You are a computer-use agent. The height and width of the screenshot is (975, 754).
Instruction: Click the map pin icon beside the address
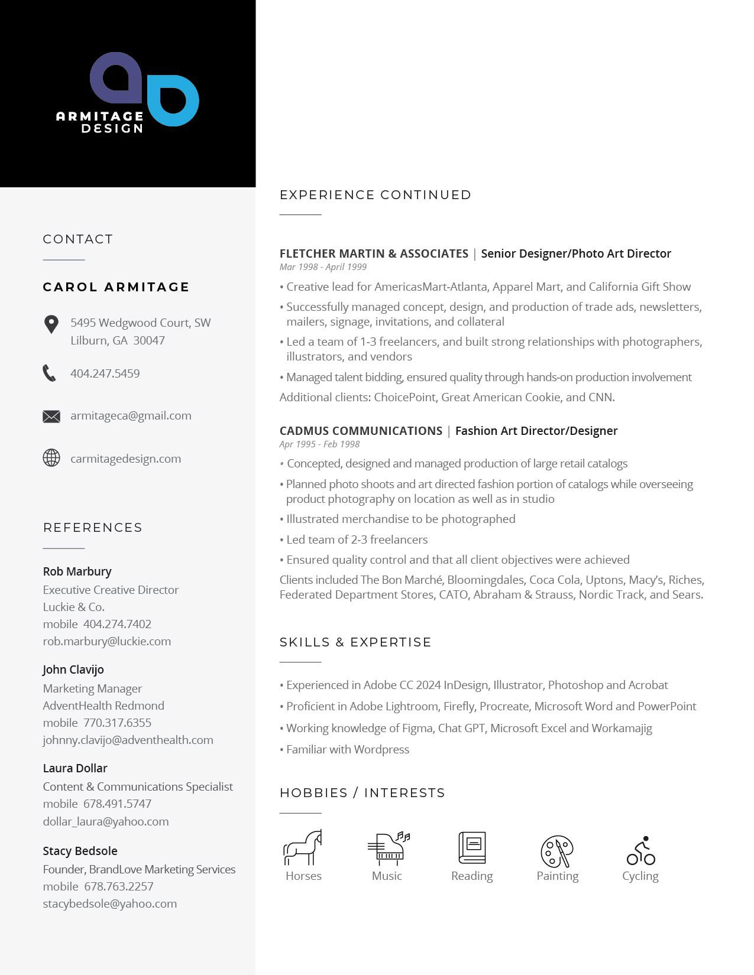51,324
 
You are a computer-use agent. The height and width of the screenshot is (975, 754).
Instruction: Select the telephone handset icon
50,373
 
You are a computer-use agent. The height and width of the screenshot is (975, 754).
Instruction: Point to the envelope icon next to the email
51,417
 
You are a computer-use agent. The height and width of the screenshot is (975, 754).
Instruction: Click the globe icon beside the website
51,458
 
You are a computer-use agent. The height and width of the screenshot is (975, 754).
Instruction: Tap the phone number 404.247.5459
105,373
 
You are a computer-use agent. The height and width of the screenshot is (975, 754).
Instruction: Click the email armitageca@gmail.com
131,415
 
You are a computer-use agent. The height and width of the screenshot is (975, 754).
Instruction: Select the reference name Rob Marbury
77,571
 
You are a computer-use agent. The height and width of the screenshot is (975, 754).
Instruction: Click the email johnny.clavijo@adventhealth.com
128,740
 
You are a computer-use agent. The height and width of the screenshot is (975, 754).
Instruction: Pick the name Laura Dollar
75,768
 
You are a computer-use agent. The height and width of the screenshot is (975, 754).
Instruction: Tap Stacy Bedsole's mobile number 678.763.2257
118,886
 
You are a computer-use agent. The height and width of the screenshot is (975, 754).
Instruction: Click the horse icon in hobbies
303,848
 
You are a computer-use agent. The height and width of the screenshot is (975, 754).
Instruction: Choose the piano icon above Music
388,847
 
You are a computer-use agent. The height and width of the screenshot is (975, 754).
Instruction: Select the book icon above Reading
472,847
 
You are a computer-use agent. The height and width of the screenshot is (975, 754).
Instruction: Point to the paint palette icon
557,851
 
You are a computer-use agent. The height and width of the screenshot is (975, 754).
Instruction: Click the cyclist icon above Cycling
641,851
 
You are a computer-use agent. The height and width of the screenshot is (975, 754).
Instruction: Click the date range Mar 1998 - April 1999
323,267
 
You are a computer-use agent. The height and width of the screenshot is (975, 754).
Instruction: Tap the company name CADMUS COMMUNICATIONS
361,431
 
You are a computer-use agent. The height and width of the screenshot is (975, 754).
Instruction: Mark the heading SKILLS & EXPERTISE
355,642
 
